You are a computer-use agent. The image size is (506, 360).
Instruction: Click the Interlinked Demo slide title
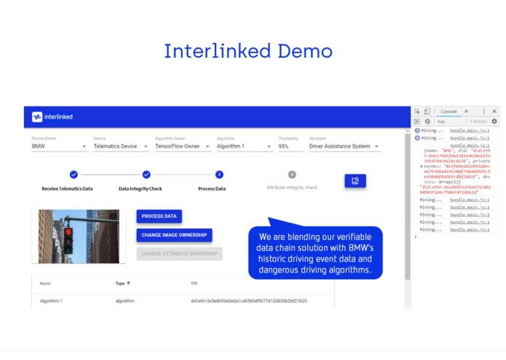248,52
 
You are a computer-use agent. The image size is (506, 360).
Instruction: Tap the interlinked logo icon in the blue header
36,117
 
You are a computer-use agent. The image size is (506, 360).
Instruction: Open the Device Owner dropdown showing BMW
58,146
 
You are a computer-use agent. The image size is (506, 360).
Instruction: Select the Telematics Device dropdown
119,146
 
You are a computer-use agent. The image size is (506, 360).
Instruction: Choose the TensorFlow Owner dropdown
182,146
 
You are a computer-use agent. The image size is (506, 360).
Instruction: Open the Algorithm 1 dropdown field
244,146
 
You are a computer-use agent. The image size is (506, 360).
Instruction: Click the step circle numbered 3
219,175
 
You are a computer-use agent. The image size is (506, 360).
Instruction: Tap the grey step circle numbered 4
292,175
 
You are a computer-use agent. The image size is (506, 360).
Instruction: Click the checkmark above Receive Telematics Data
74,175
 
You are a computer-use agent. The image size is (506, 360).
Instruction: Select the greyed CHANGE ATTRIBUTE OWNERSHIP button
179,254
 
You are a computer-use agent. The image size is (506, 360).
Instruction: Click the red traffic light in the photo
68,235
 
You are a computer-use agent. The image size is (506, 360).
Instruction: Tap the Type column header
122,283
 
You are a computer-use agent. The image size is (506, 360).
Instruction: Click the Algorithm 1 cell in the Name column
51,301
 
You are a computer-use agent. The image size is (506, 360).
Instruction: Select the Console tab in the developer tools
448,111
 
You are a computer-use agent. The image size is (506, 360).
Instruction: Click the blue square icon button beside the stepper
355,181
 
